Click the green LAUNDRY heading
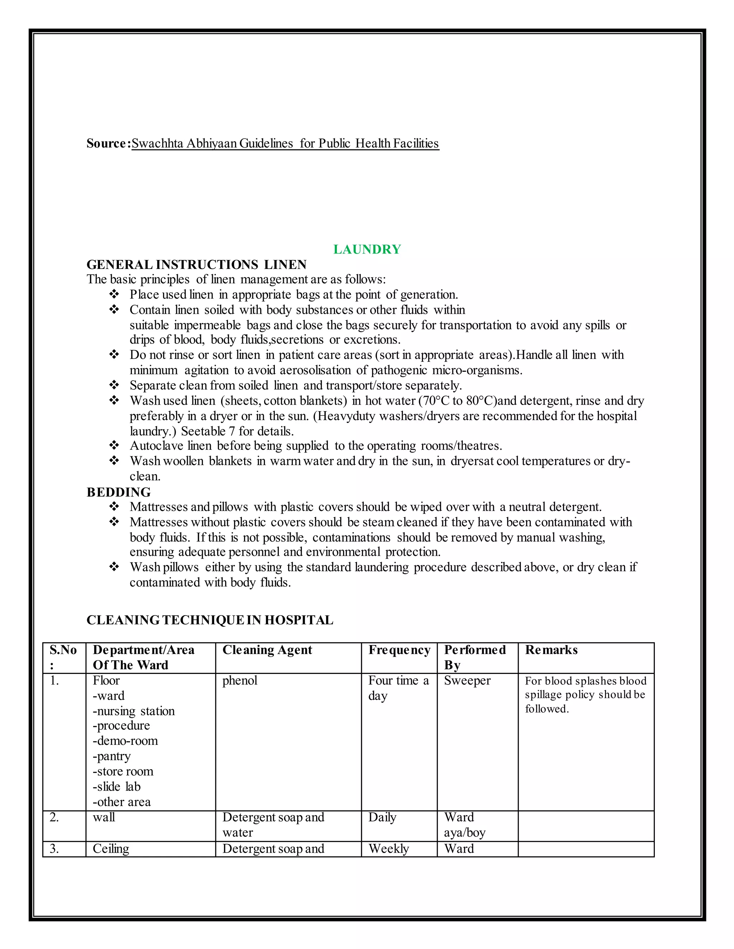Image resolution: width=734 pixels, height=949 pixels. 367,249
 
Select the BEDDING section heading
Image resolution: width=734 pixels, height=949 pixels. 118,492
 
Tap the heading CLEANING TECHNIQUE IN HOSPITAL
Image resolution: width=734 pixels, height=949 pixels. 210,620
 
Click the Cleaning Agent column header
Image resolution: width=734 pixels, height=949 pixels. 267,650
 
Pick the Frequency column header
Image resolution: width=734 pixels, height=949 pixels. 399,650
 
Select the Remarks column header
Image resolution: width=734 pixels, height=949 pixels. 551,650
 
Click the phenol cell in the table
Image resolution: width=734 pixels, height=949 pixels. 240,680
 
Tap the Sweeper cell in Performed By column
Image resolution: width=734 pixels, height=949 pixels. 467,680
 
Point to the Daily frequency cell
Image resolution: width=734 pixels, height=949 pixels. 382,817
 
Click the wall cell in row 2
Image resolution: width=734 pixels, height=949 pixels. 104,817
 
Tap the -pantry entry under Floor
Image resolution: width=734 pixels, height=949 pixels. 111,756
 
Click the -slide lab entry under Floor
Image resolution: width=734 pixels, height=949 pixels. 116,786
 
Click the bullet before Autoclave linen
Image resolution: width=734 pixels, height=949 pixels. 114,445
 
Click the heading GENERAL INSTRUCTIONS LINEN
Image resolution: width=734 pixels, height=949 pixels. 196,264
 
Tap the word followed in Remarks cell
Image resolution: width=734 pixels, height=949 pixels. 546,709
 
